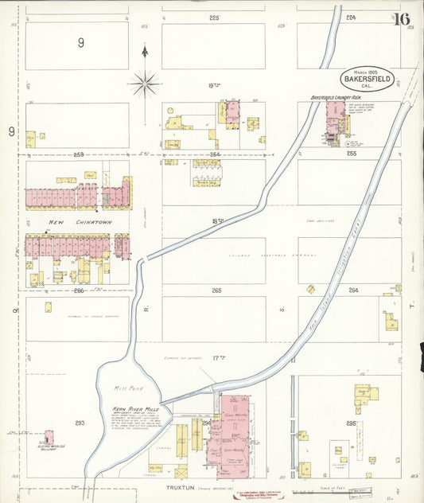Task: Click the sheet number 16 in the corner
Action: [401, 18]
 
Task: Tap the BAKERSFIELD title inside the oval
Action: [368, 79]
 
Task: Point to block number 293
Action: [79, 423]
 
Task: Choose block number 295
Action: [351, 423]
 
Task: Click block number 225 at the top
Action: [213, 17]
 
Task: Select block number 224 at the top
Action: [350, 17]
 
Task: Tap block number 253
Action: [78, 154]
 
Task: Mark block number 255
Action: [351, 154]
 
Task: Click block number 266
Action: [79, 290]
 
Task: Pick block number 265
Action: [216, 290]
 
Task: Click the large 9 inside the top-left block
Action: [80, 43]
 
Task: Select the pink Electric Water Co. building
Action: [49, 438]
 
